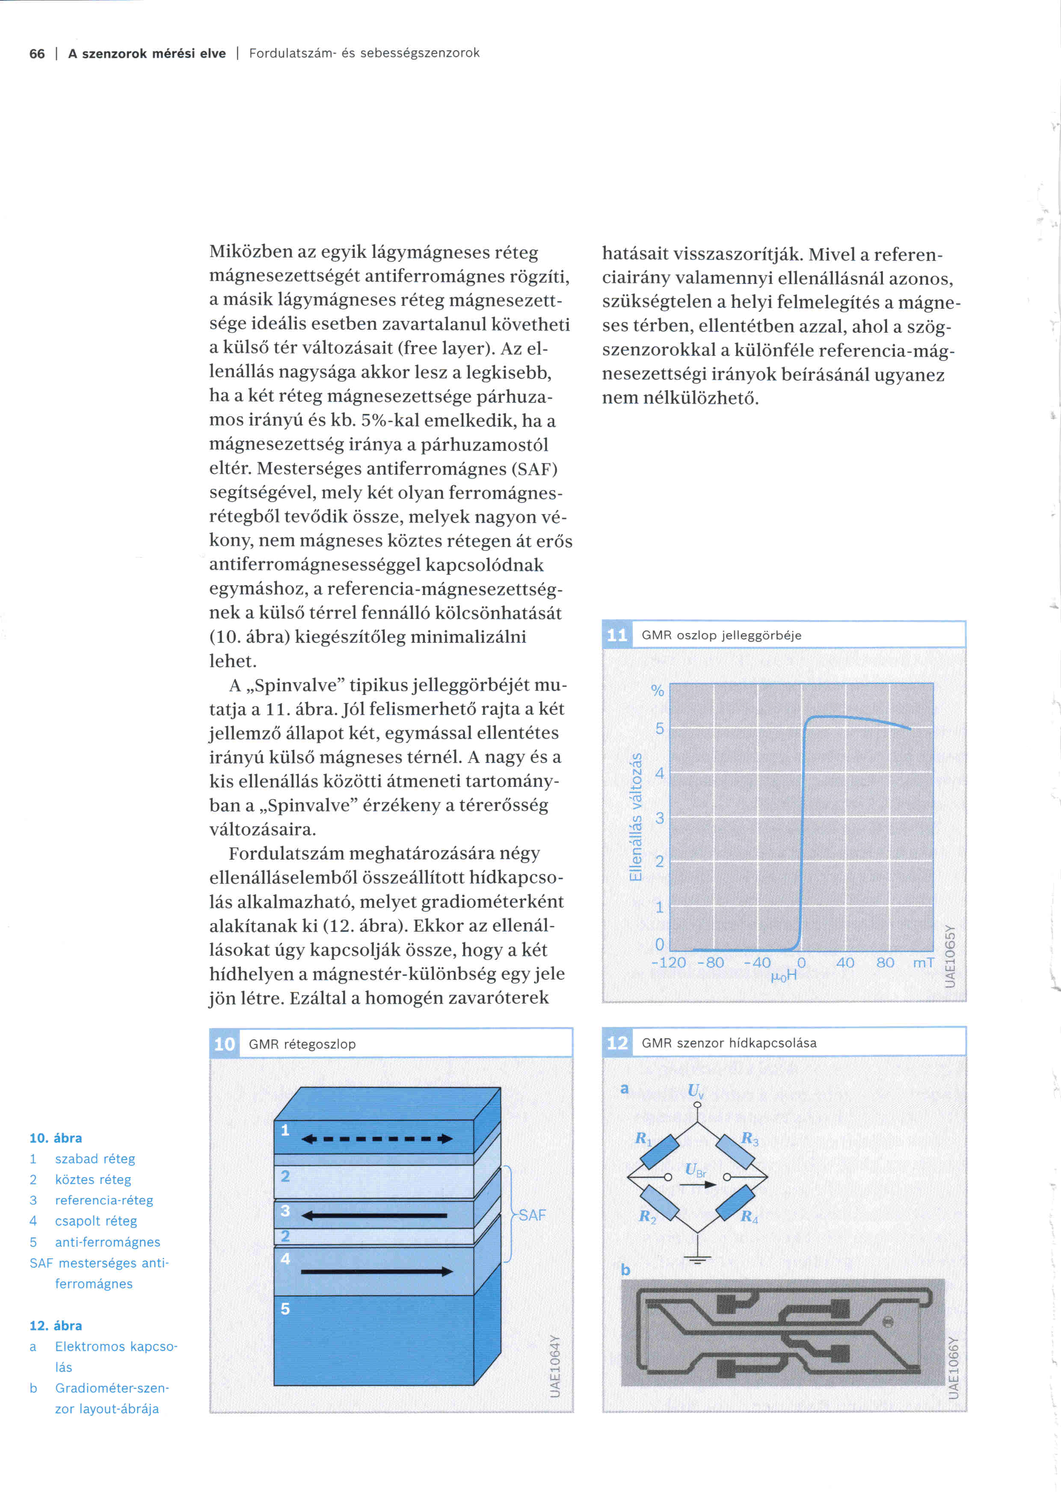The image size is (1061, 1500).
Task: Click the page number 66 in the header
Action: coord(37,53)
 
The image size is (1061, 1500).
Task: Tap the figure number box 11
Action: coord(617,635)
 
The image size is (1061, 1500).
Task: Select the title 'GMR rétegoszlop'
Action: coord(302,1044)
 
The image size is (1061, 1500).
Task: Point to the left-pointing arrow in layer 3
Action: coord(374,1216)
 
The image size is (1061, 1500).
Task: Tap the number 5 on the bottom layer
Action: coord(285,1308)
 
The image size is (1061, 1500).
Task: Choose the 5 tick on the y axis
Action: coord(659,728)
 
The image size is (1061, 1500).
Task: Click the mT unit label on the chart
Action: coord(923,962)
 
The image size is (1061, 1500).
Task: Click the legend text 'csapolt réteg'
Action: coord(96,1221)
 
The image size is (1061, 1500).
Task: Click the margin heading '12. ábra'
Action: coord(56,1325)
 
